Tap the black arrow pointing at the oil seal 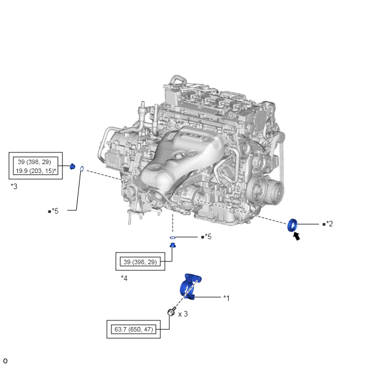297,236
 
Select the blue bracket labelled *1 190,286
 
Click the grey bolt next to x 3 171,311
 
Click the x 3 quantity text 183,314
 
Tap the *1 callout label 227,298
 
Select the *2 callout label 330,224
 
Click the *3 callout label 14,186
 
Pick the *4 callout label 124,278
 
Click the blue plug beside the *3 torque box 72,166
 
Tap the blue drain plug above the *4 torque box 173,245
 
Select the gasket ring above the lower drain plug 173,238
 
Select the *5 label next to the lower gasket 208,236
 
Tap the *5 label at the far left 55,211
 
